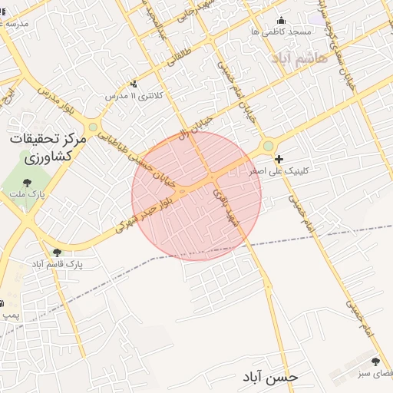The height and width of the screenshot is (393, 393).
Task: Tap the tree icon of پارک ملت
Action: click(x=28, y=183)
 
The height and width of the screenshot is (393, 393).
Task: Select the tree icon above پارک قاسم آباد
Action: click(x=57, y=253)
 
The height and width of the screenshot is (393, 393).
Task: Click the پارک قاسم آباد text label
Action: click(x=57, y=264)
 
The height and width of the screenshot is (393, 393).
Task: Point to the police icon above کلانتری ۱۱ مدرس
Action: click(x=135, y=84)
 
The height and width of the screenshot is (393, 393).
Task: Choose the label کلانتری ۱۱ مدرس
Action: click(x=125, y=96)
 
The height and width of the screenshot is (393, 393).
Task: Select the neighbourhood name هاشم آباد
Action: click(x=292, y=58)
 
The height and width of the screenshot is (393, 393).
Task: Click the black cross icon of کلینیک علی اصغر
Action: click(x=279, y=160)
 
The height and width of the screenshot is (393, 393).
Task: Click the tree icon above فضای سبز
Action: click(x=375, y=362)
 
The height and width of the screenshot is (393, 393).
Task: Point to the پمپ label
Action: click(x=9, y=315)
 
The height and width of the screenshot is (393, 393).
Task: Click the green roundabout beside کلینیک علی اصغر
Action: click(x=268, y=145)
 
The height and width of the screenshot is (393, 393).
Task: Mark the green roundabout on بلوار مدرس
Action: click(x=93, y=127)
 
